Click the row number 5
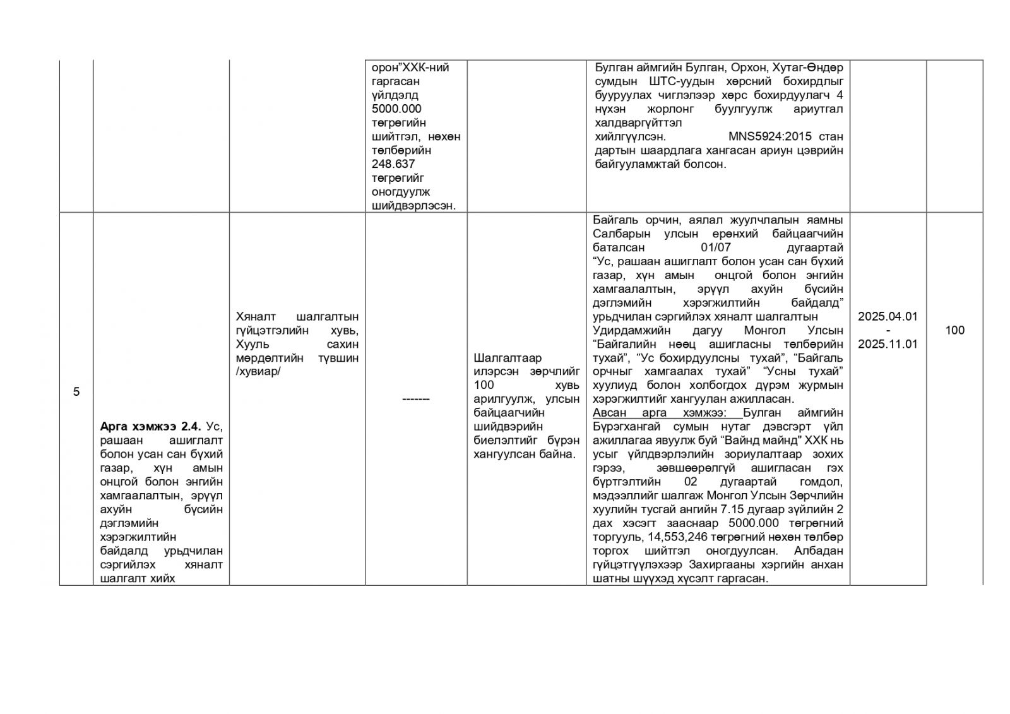click(x=76, y=391)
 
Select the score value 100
click(x=954, y=330)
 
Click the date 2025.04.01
click(x=888, y=316)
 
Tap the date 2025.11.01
click(x=888, y=344)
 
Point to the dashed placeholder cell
click(x=416, y=399)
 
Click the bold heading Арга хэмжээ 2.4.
click(x=150, y=427)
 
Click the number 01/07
click(x=716, y=247)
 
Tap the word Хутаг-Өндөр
click(x=807, y=68)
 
